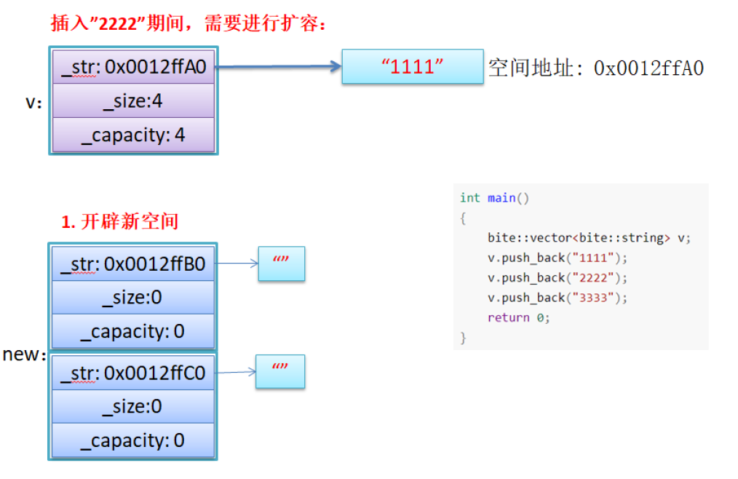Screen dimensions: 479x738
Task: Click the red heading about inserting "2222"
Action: [189, 23]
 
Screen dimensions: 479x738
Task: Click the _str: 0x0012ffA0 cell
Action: [134, 67]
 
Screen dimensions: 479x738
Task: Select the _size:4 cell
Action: [134, 101]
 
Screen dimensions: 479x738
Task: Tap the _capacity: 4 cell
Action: [134, 135]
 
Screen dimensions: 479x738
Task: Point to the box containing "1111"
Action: [413, 67]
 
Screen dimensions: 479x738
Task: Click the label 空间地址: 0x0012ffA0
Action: [596, 68]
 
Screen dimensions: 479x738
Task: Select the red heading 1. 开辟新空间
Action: [119, 221]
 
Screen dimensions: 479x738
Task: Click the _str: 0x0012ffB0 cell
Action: [133, 264]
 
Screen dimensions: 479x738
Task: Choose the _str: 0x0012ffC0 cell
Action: [133, 373]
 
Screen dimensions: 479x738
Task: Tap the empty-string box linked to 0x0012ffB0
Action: [281, 264]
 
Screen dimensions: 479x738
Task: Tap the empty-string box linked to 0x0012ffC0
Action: [280, 371]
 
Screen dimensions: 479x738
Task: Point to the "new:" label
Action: [24, 355]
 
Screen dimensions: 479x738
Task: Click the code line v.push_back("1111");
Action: [557, 258]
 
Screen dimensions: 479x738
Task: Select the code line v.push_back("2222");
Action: [557, 277]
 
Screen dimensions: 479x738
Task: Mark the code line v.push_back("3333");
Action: [557, 298]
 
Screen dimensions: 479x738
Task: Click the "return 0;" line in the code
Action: [519, 317]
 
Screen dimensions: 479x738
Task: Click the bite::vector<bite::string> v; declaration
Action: [589, 238]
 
